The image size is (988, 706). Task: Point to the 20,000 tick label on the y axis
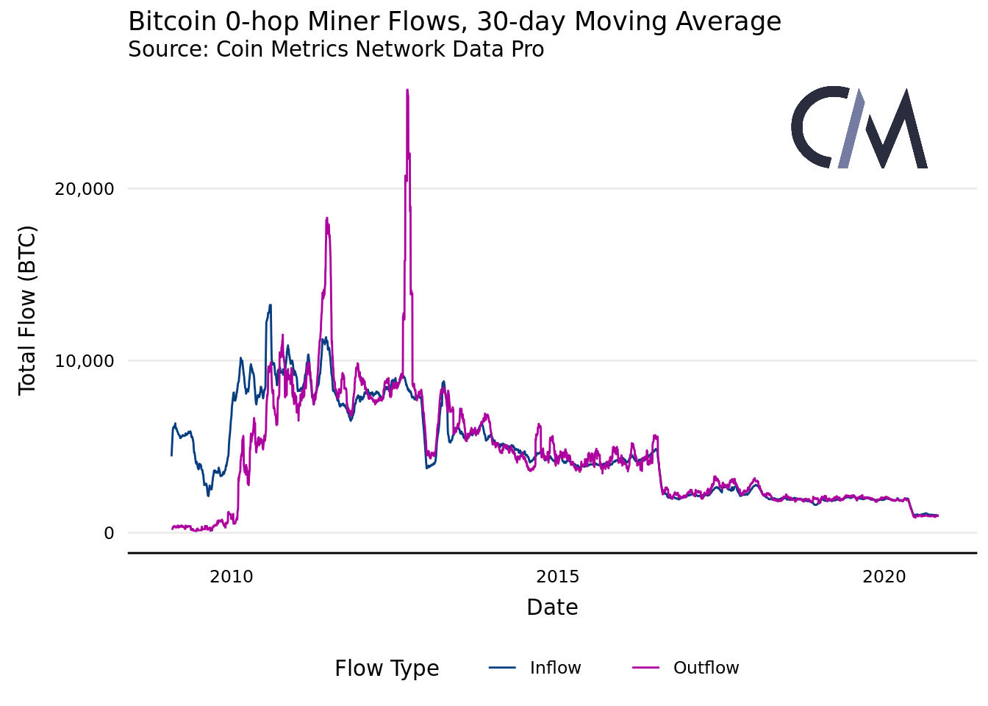click(x=85, y=189)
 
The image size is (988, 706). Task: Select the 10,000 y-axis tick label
click(x=85, y=361)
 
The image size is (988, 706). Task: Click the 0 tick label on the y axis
click(x=109, y=533)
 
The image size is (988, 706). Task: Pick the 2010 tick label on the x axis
click(x=232, y=577)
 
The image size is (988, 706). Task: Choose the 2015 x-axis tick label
click(x=558, y=577)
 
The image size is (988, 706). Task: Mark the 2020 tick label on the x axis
click(x=884, y=577)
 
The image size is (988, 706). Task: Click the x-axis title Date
click(x=552, y=607)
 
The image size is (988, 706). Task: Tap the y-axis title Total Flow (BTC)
click(x=27, y=310)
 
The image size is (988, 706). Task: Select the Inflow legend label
click(x=555, y=668)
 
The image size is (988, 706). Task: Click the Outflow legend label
click(x=706, y=668)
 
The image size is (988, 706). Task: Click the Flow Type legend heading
click(x=387, y=668)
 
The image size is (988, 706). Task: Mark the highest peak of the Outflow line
click(x=407, y=90)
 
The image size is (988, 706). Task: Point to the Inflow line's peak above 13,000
click(x=271, y=305)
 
